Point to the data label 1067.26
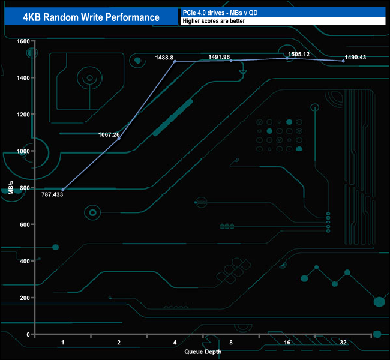109,134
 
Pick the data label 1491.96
219,57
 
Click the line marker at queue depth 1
62,190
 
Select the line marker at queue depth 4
175,61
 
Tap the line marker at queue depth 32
343,61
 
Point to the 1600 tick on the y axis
23,41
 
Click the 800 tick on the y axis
25,188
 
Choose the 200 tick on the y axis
25,298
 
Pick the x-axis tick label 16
287,343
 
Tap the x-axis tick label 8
231,343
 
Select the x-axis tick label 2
119,343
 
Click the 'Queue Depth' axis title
203,352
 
